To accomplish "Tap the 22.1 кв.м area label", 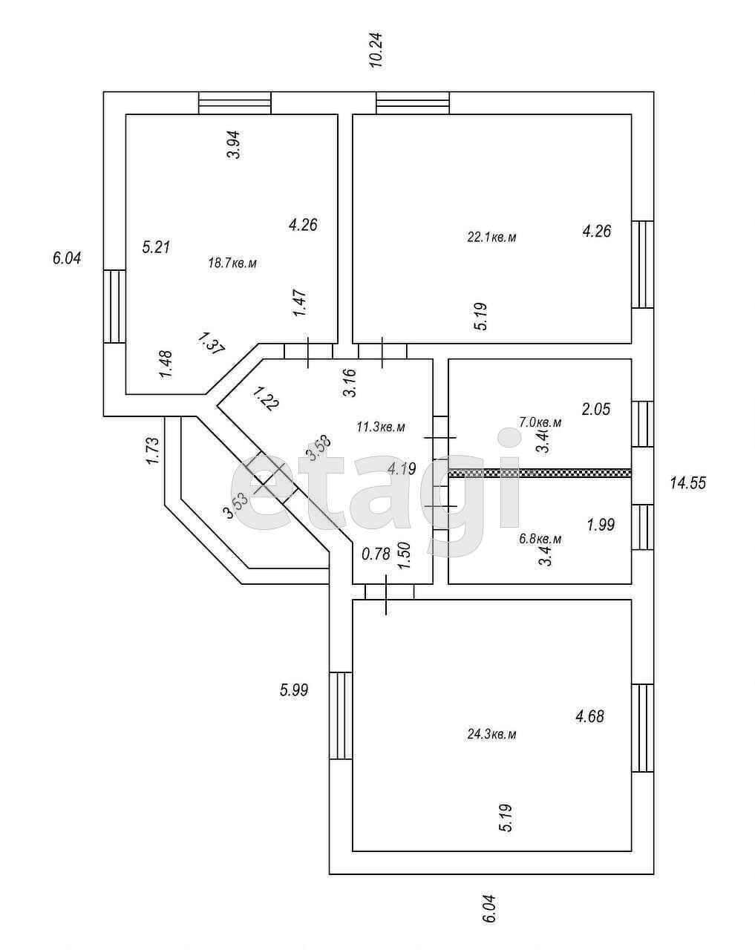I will [491, 237].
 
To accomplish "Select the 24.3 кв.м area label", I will [491, 734].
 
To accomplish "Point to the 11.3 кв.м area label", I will [381, 427].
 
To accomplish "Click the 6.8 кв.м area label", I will [539, 539].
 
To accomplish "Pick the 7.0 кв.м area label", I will [540, 422].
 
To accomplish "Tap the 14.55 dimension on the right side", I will [687, 483].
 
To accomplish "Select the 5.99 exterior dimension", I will [294, 689].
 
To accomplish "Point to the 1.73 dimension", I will [152, 451].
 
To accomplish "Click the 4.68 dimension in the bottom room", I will [590, 716].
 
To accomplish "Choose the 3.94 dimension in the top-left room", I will [234, 145].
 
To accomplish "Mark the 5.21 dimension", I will [156, 246].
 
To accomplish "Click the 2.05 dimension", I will [595, 408].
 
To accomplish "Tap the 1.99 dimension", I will [601, 525].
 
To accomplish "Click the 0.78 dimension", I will [376, 554].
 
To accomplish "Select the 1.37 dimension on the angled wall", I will [211, 344].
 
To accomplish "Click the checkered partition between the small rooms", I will [540, 472].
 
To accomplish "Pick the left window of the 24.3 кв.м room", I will [340, 715].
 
